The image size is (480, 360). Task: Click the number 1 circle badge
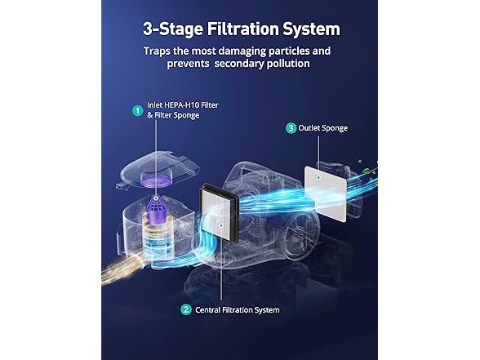click(x=138, y=110)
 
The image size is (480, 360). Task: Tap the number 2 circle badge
click(x=186, y=310)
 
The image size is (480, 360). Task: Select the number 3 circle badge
click(x=291, y=128)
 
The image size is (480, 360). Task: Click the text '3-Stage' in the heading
click(x=173, y=29)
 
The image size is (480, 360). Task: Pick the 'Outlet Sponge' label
click(x=323, y=128)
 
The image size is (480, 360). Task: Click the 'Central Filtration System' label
click(x=238, y=310)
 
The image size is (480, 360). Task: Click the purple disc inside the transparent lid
click(x=155, y=179)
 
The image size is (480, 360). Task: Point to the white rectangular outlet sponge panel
click(x=326, y=193)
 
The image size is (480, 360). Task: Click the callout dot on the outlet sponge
click(x=318, y=178)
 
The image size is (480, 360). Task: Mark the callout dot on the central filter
click(x=221, y=225)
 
